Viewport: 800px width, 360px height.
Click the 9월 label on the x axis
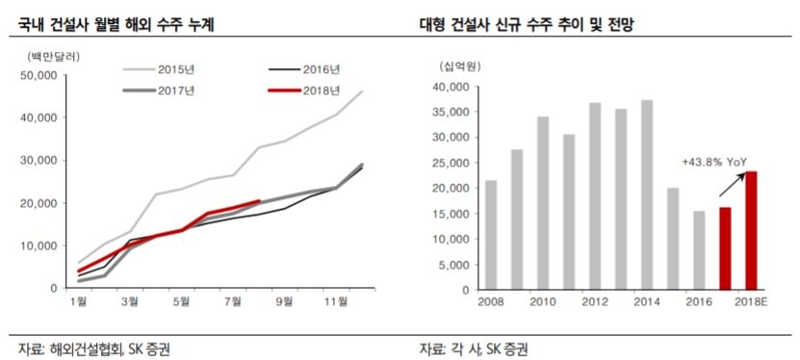tap(284, 302)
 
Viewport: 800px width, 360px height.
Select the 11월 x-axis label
tap(336, 302)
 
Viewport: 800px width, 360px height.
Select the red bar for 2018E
tap(750, 230)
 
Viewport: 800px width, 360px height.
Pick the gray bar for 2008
tap(491, 235)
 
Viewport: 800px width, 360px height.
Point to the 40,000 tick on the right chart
tap(452, 88)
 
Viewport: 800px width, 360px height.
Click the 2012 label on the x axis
tap(594, 302)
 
